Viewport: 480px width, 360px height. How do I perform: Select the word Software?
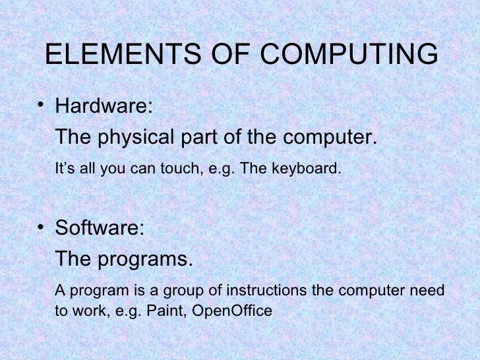98,229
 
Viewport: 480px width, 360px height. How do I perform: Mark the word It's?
64,169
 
